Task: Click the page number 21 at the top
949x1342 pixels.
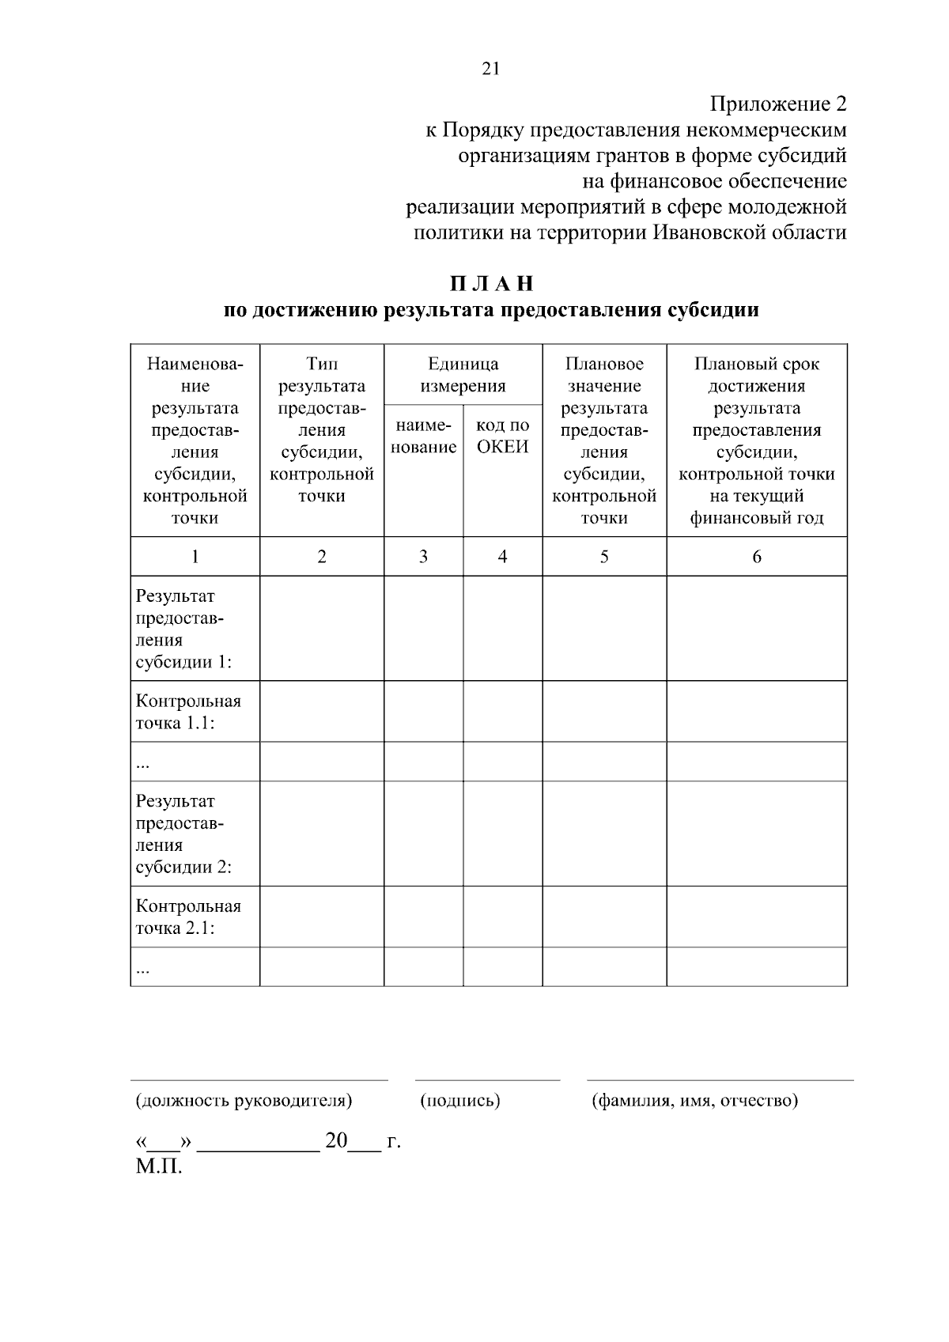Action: (490, 69)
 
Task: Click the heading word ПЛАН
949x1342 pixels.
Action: (492, 284)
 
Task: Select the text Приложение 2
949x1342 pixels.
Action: (778, 104)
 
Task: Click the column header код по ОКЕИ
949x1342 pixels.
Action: (502, 437)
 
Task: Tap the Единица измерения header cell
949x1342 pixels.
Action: (463, 375)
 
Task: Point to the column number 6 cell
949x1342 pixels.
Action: (756, 557)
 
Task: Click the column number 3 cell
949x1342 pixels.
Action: (423, 557)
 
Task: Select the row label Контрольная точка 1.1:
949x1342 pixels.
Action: (188, 712)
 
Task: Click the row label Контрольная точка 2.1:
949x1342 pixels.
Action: (188, 917)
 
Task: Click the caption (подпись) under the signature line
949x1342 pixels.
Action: (459, 1100)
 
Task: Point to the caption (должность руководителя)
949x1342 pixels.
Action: (244, 1100)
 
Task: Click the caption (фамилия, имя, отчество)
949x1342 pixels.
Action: (695, 1100)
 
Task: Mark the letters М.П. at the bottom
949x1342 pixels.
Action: (159, 1167)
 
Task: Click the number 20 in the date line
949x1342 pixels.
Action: (336, 1141)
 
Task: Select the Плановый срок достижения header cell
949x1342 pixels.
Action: (756, 440)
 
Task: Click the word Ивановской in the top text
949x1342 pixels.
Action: (716, 233)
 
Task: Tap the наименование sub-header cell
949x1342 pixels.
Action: (423, 437)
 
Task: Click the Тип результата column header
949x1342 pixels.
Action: (322, 429)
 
